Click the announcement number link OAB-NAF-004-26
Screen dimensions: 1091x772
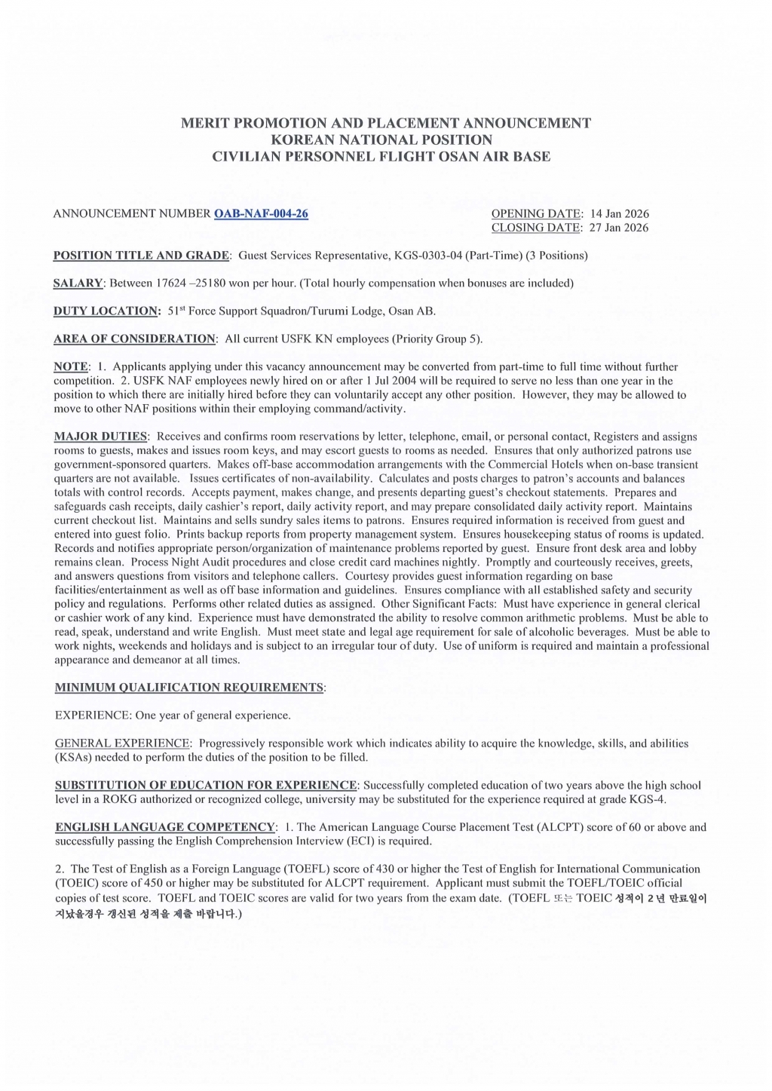tap(261, 213)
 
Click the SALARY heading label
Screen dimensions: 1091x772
tap(78, 283)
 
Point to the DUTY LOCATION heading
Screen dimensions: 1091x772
tap(106, 311)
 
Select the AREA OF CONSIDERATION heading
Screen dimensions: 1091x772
tap(134, 339)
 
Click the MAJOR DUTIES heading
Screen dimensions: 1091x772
tap(101, 437)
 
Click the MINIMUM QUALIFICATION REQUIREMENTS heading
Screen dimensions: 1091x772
tap(189, 688)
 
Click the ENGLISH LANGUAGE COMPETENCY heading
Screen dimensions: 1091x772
tap(165, 827)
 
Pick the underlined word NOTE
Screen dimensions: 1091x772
tap(71, 366)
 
